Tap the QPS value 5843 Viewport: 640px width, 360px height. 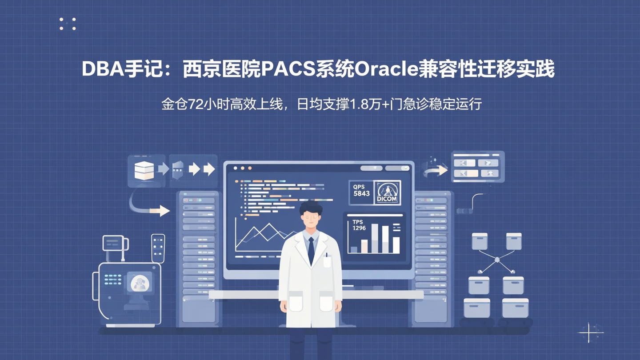tap(361, 193)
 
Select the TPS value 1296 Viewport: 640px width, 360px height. tap(359, 228)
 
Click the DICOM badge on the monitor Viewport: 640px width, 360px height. tap(387, 193)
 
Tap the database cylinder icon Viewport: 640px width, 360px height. tap(144, 170)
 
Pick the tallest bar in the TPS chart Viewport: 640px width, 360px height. tap(375, 238)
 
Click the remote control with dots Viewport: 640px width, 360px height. tap(158, 248)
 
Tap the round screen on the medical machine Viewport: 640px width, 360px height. tap(140, 283)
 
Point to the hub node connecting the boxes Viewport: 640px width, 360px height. tap(497, 260)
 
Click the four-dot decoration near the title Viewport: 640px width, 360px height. tap(68, 24)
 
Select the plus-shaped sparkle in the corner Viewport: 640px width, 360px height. tap(589, 332)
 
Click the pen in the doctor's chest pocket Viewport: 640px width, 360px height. tap(327, 256)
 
